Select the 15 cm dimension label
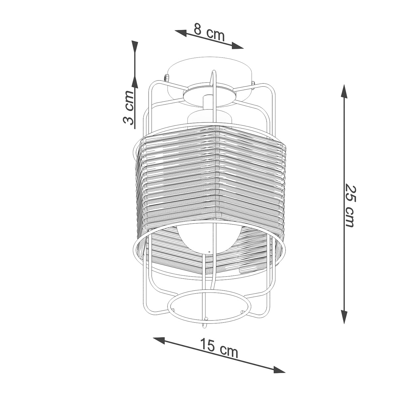coord(219,348)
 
